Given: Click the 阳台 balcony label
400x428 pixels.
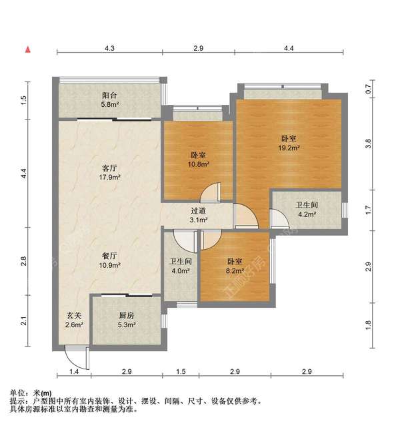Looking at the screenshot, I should (x=110, y=95).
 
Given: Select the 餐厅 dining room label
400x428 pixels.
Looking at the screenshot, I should (x=110, y=255).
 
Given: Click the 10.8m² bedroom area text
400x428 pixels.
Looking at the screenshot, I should (x=198, y=164).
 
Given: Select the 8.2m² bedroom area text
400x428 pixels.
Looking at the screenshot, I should (x=235, y=271).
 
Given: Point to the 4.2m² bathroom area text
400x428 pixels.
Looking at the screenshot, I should (x=307, y=214).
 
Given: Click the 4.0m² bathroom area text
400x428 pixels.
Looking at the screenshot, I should (x=180, y=271).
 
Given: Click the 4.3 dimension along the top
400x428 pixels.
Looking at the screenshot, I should (x=110, y=48).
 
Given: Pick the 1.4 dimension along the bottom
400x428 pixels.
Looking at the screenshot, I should (x=75, y=371).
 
